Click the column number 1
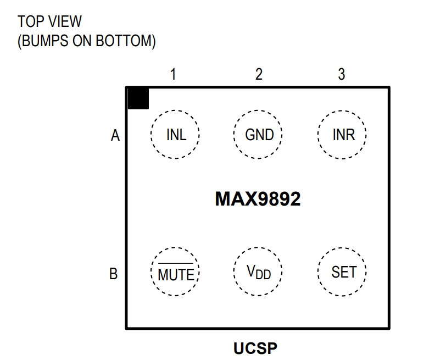pyautogui.click(x=173, y=74)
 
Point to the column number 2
pyautogui.click(x=259, y=74)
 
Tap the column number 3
pyautogui.click(x=342, y=74)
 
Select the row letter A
pyautogui.click(x=115, y=135)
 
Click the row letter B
pyautogui.click(x=114, y=274)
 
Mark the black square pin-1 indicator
pyautogui.click(x=138, y=99)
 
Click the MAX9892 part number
pyautogui.click(x=258, y=198)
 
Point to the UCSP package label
pyautogui.click(x=255, y=348)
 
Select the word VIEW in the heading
pyautogui.click(x=65, y=21)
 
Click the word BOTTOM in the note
pyautogui.click(x=125, y=41)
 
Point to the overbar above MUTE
pyautogui.click(x=176, y=263)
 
